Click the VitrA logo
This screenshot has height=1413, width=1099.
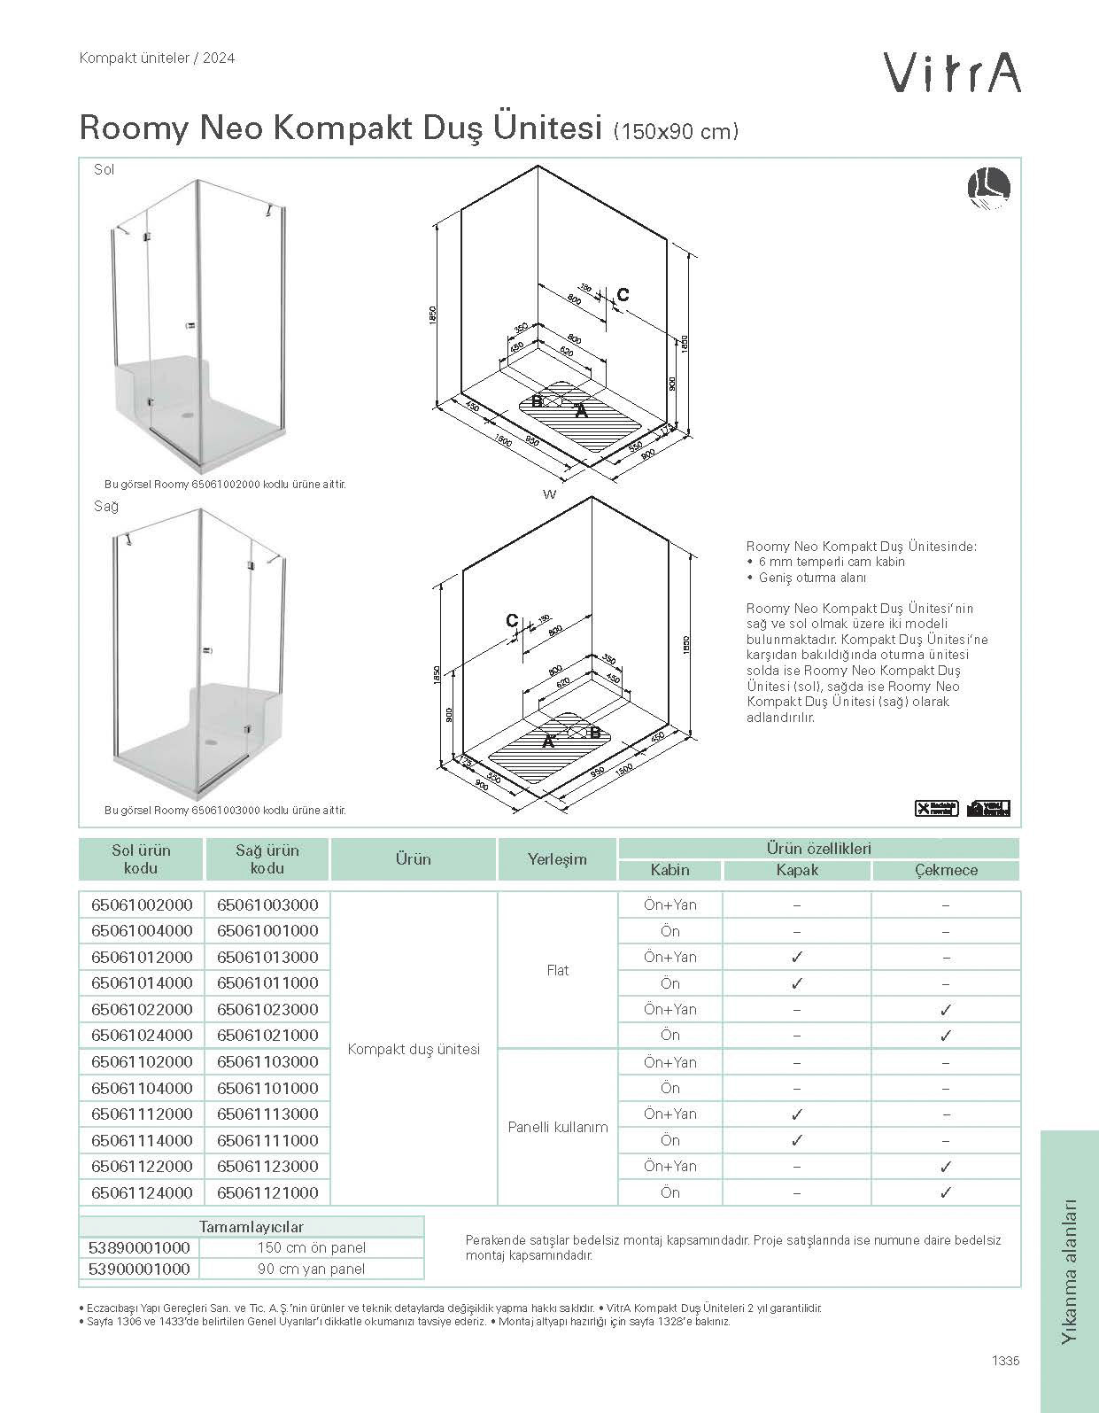953,72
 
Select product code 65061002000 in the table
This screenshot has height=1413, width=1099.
142,904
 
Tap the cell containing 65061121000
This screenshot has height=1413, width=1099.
267,1192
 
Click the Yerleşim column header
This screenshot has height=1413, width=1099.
557,858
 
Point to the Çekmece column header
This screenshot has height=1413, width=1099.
946,870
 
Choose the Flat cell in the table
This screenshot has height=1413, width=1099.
558,970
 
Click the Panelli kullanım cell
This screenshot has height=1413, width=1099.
558,1127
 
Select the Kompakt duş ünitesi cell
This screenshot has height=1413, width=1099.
414,1049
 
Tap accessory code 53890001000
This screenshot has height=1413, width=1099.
140,1247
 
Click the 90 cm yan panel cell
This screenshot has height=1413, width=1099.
311,1269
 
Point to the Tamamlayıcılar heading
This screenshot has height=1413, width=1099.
252,1227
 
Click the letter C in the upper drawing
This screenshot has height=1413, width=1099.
623,295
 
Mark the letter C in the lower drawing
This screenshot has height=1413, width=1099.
512,621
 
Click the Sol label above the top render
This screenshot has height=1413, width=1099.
104,169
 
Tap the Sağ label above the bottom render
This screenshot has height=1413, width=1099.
106,506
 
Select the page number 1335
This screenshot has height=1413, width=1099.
1005,1361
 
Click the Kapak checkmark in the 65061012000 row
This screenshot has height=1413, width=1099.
797,957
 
